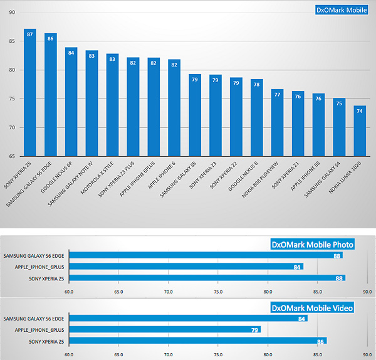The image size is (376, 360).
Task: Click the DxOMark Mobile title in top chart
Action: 341,9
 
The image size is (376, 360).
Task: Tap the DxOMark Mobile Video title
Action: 312,307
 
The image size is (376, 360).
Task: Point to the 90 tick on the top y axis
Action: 13,13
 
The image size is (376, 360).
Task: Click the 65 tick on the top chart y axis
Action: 13,156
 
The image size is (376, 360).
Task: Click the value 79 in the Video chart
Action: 255,329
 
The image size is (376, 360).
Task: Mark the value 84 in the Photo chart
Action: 298,267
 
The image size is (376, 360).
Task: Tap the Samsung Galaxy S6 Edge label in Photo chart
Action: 36,255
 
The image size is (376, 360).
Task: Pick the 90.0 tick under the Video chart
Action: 367,354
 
